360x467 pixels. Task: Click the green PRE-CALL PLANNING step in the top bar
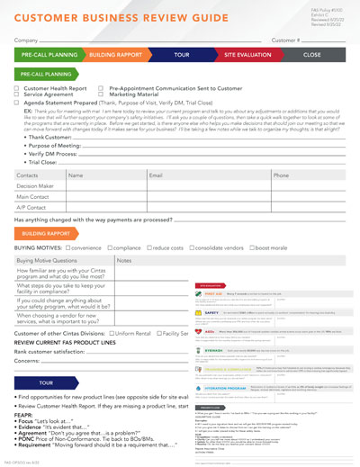50,55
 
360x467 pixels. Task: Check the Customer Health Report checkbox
17,89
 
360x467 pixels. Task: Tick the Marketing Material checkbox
103,95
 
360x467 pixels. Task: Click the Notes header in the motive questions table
124,259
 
